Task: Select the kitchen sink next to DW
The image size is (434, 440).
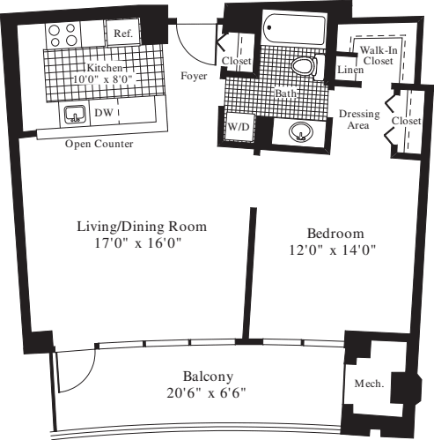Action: [73, 115]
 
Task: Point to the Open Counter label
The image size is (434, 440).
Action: [99, 144]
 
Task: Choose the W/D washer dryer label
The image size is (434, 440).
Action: [239, 127]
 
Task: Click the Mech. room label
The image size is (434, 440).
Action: [366, 385]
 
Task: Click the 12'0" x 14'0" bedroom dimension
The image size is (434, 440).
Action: [335, 250]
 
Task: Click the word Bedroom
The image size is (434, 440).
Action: [335, 233]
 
